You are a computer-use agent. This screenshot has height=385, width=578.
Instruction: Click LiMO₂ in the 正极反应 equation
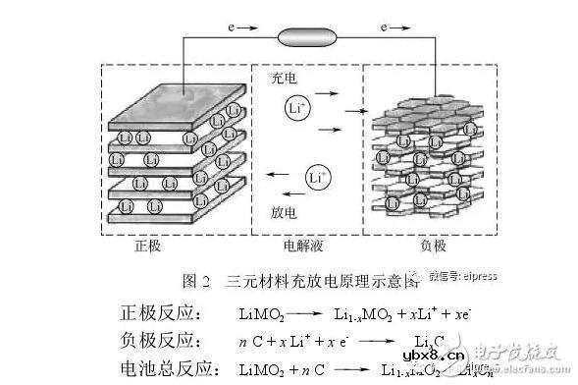tap(261, 315)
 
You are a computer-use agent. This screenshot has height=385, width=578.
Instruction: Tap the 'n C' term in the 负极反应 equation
tap(246, 343)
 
